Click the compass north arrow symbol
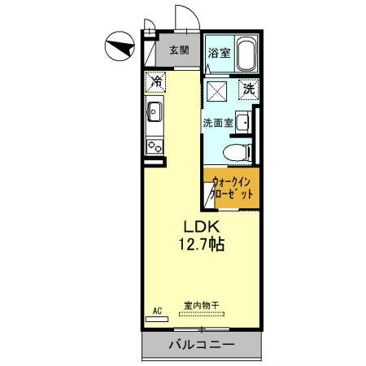pyautogui.click(x=119, y=46)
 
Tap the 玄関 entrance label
pyautogui.click(x=179, y=50)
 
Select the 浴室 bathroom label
pyautogui.click(x=218, y=54)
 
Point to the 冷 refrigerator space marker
pyautogui.click(x=155, y=81)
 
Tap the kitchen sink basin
pyautogui.click(x=155, y=111)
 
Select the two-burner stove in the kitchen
pyautogui.click(x=154, y=145)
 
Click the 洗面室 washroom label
pyautogui.click(x=217, y=124)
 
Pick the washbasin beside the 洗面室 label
pyautogui.click(x=243, y=122)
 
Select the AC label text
pyautogui.click(x=157, y=310)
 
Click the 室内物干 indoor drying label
pyautogui.click(x=199, y=306)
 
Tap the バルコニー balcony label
pyautogui.click(x=201, y=345)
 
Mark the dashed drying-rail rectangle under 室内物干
pyautogui.click(x=201, y=316)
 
